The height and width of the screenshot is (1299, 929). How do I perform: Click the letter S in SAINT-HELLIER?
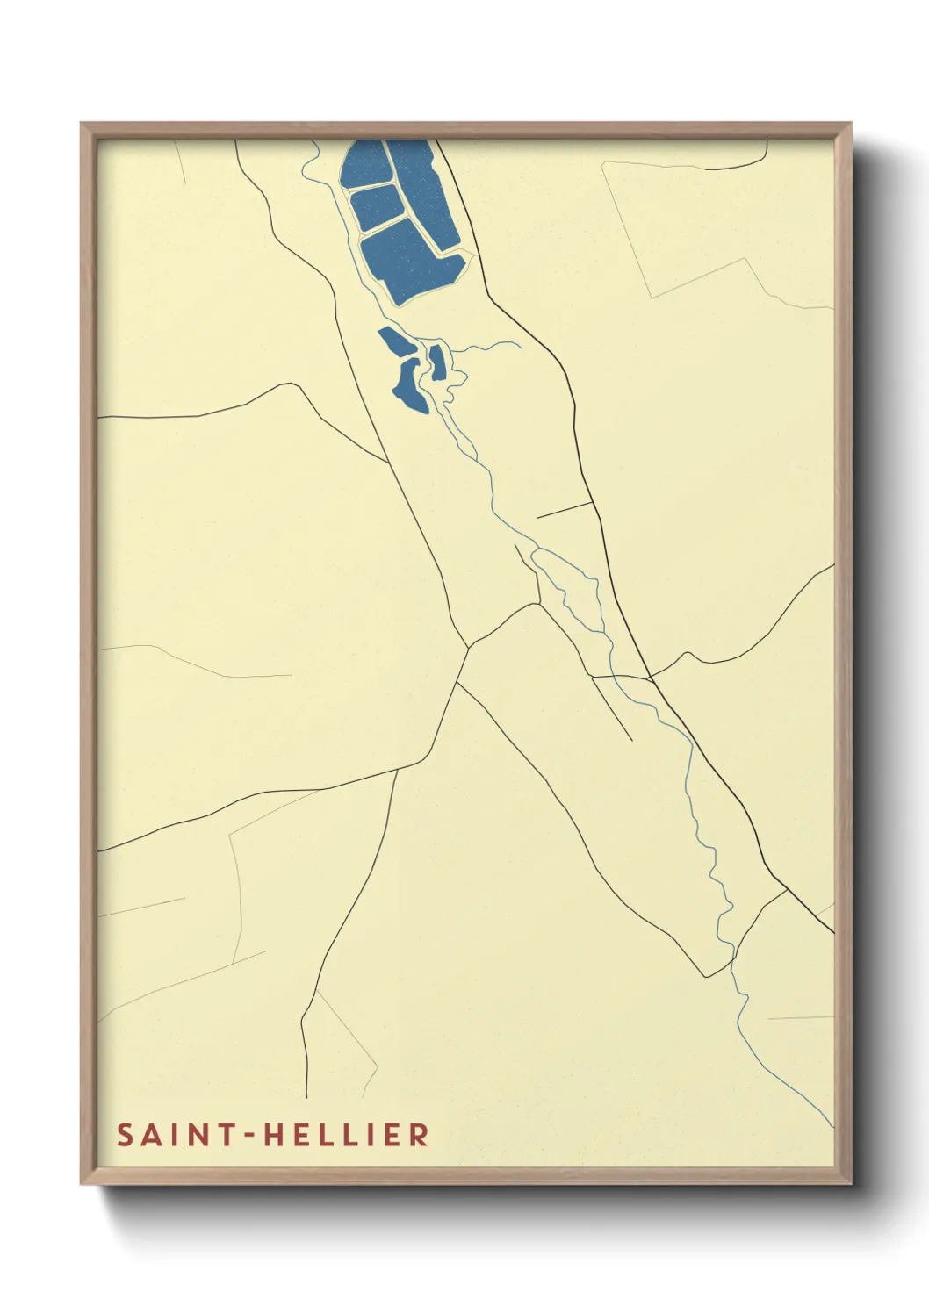click(126, 1135)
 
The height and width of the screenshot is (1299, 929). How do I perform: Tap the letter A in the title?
click(153, 1135)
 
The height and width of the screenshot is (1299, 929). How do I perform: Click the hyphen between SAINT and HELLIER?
click(248, 1136)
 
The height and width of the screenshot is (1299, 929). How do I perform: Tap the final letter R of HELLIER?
click(419, 1135)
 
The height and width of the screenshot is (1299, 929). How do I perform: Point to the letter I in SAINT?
click(175, 1135)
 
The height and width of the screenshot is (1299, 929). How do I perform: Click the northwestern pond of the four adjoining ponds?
click(364, 164)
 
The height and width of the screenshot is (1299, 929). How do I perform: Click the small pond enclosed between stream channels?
click(437, 362)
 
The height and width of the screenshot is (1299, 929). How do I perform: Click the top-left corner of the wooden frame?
click(83, 125)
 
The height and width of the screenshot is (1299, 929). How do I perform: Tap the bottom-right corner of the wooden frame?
click(850, 1182)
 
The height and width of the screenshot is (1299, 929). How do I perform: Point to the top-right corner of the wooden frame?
click(850, 125)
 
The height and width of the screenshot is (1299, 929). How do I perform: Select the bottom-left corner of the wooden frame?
click(83, 1182)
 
